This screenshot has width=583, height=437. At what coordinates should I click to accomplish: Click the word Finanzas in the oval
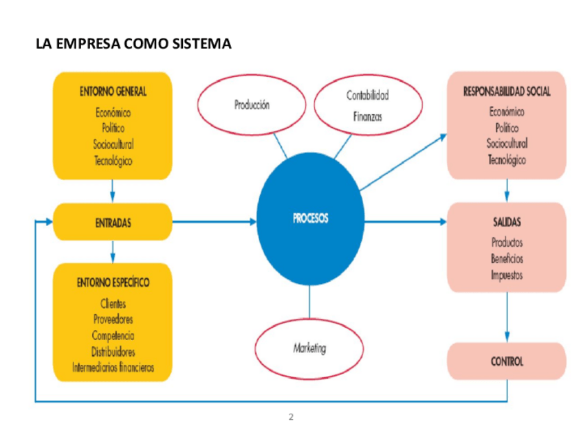tap(367, 117)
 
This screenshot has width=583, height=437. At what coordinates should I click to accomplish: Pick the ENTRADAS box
tap(112, 222)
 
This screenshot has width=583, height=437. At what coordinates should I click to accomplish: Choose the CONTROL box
tap(507, 361)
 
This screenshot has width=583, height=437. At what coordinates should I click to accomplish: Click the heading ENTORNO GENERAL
tap(112, 91)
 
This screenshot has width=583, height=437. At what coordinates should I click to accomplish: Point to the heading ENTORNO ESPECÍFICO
tap(113, 282)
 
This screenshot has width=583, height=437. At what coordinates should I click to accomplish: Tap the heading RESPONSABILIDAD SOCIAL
tap(507, 91)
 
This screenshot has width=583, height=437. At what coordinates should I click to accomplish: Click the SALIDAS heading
tap(507, 222)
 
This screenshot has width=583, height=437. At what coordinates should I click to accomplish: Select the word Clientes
tap(113, 303)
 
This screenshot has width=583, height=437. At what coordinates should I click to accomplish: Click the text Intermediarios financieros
tap(113, 368)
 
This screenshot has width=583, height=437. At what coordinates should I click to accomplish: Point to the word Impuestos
tap(507, 275)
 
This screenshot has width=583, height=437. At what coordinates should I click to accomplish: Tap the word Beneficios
tap(507, 259)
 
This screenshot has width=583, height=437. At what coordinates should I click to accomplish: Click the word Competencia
tap(113, 335)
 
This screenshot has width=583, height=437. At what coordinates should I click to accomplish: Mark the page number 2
tap(291, 417)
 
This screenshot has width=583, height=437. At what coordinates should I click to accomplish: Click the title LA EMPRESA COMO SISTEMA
tap(133, 45)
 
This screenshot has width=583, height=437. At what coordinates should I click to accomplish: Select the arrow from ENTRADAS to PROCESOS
tap(214, 222)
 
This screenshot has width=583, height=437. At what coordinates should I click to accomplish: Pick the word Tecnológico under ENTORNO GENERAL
tap(113, 161)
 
